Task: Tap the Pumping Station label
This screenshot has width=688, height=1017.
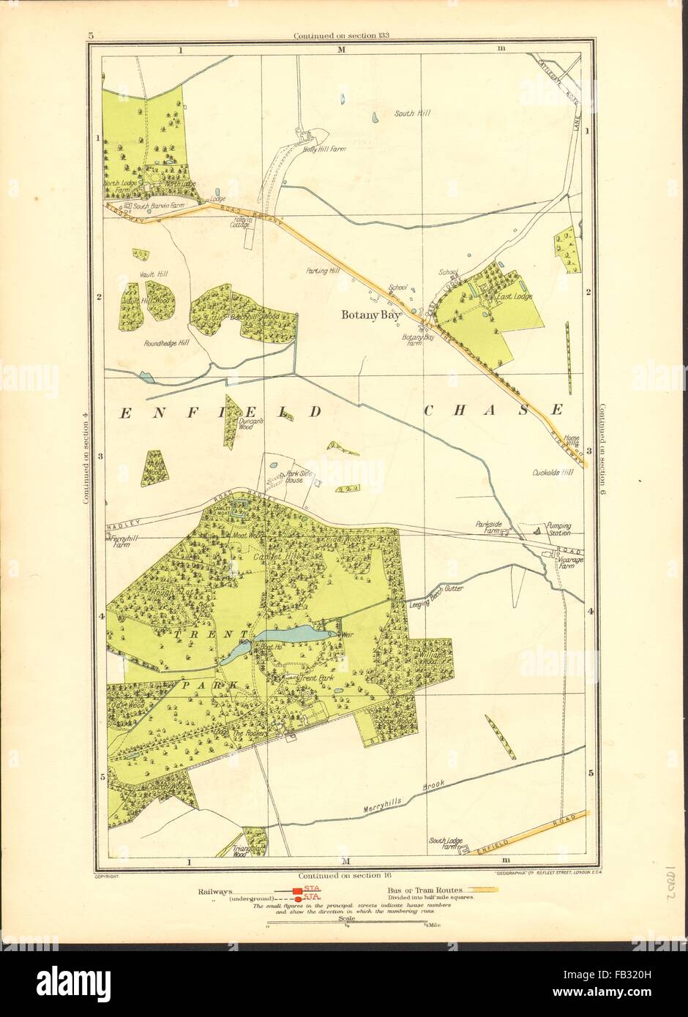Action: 557,529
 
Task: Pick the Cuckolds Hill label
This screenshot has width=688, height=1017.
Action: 553,473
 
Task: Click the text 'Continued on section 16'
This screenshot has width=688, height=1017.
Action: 343,875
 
